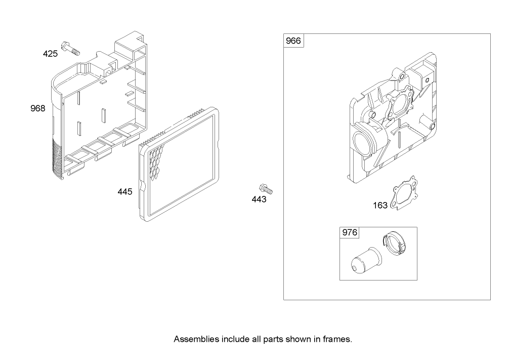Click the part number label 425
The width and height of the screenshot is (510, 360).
50,53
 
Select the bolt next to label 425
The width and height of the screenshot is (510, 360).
70,48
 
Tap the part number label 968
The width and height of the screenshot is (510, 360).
37,108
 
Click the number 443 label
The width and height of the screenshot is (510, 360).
259,199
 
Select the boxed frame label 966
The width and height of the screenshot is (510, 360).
293,41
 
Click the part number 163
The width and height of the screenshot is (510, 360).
380,205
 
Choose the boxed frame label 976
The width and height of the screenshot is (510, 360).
350,233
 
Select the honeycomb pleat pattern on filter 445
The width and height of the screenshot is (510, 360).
158,156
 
